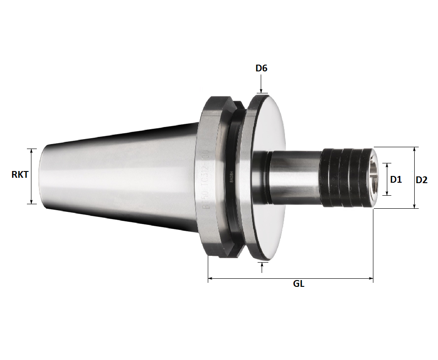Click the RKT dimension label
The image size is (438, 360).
click(x=20, y=175)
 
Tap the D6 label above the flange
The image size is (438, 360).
click(x=262, y=68)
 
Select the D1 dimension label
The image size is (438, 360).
click(x=395, y=180)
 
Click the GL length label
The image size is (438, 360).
click(x=298, y=284)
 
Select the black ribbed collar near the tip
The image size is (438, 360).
click(x=345, y=177)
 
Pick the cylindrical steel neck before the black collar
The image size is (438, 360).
click(x=294, y=177)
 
